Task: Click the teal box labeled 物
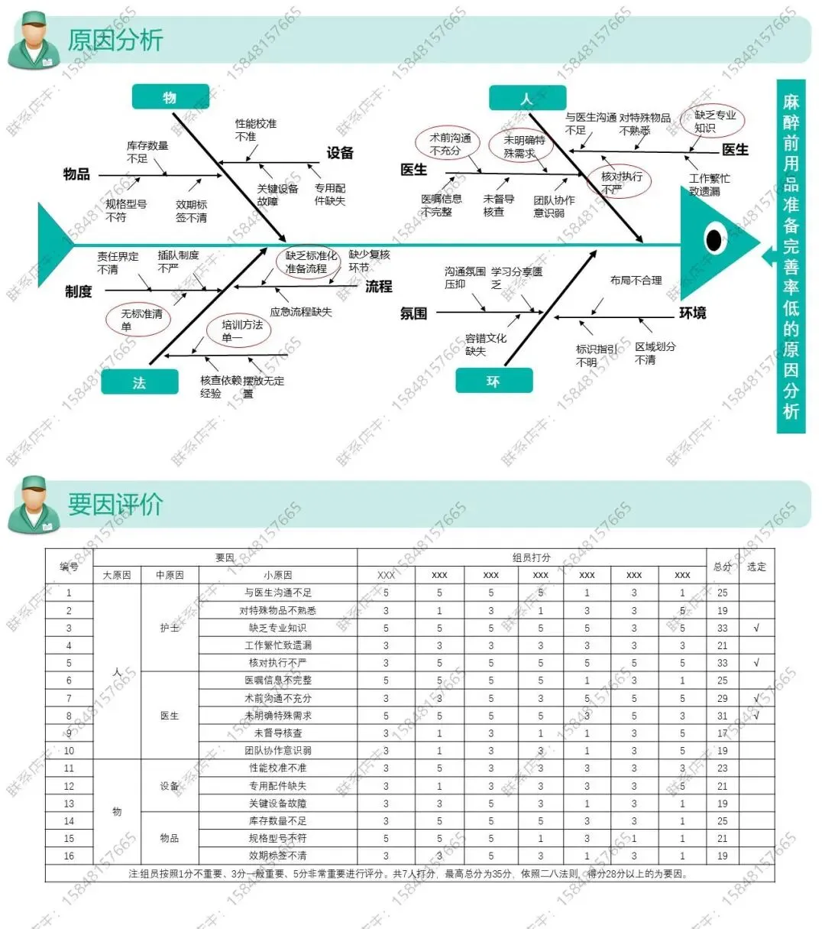click(170, 97)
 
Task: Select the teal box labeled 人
click(527, 99)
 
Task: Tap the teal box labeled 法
click(139, 382)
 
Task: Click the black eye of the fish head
click(713, 239)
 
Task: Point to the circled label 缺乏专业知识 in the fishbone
click(714, 121)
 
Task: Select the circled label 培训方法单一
click(241, 330)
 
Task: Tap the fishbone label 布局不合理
click(636, 281)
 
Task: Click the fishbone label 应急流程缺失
click(300, 311)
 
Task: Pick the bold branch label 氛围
click(413, 313)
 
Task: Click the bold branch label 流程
click(378, 286)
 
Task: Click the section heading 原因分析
click(115, 40)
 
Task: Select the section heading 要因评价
click(115, 504)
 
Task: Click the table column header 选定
click(756, 567)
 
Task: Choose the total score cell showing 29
click(722, 698)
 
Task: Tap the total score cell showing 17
click(722, 733)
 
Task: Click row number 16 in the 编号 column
click(69, 856)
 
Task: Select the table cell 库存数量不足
click(277, 820)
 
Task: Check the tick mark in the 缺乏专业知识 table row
click(756, 628)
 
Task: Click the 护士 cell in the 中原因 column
click(170, 628)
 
